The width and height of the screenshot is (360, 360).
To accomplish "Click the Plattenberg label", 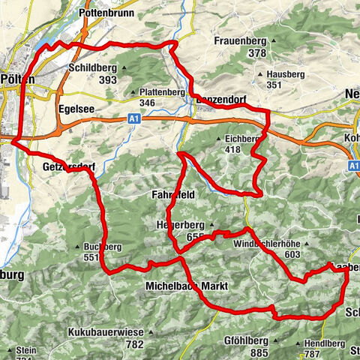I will (x=162, y=92).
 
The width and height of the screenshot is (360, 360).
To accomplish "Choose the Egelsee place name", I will (x=76, y=108).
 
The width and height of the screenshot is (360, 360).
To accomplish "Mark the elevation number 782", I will (x=135, y=323).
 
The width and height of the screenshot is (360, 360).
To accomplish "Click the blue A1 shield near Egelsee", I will (x=133, y=118).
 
